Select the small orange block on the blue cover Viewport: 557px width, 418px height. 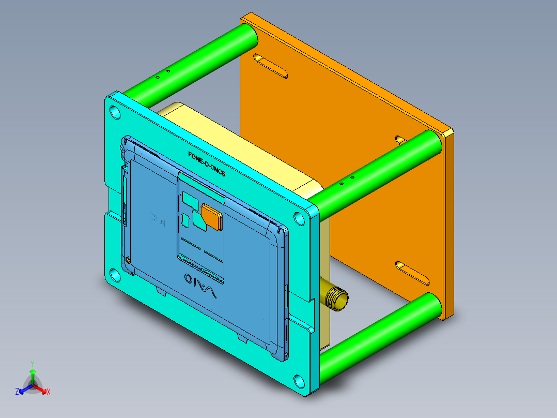[212, 216]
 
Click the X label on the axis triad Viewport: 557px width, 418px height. [49, 392]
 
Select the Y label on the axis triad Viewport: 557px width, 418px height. [32, 364]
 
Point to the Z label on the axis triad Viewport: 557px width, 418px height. [17, 392]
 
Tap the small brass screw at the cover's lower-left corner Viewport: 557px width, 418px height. [127, 260]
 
